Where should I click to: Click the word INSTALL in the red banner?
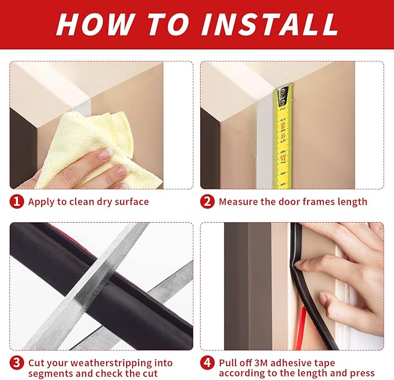coord(270,24)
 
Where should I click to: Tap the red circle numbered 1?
coord(17,202)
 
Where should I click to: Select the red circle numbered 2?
coord(207,202)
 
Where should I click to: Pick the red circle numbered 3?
coord(17,363)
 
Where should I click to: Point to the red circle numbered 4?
coord(207,363)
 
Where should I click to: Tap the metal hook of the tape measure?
coord(283,96)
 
